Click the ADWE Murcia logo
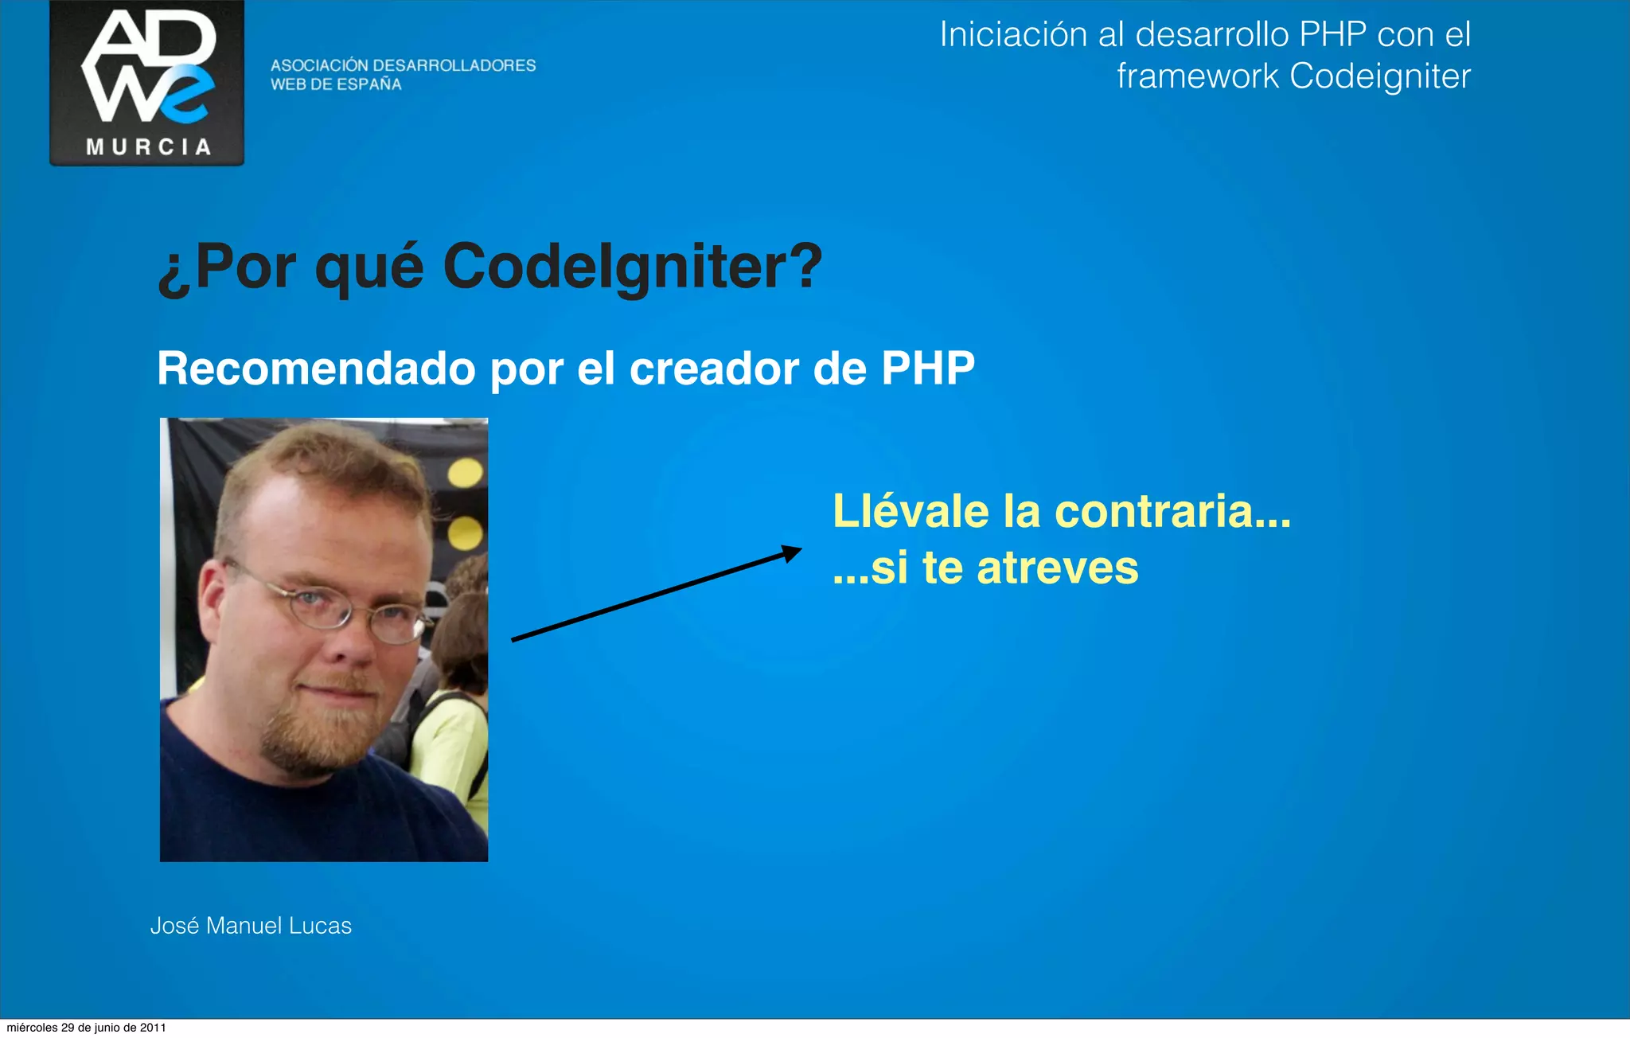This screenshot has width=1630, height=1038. pos(147,82)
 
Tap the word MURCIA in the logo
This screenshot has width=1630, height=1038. pos(149,147)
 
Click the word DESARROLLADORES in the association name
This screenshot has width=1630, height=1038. pos(454,65)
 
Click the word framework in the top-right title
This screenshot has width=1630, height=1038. pos(1198,76)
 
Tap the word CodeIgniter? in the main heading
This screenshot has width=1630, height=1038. pos(633,266)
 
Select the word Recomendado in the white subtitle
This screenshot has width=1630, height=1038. pos(316,369)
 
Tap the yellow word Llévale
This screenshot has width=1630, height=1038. pos(911,511)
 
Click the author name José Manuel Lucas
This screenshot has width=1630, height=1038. pos(251,926)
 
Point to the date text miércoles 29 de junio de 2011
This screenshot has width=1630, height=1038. pos(86,1028)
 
